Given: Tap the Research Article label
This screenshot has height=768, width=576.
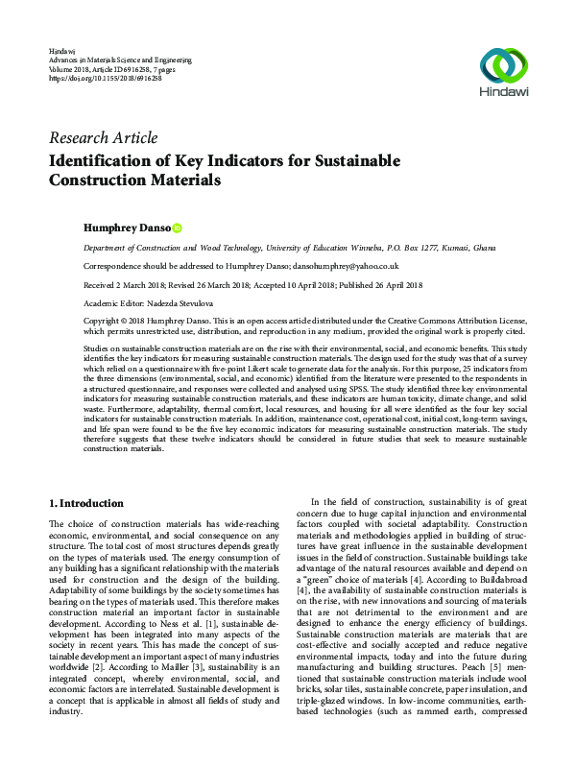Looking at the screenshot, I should click(103, 138).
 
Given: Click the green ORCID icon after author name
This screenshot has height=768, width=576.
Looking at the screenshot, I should click(178, 228).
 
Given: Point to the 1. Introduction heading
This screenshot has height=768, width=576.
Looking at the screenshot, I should click(85, 503).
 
